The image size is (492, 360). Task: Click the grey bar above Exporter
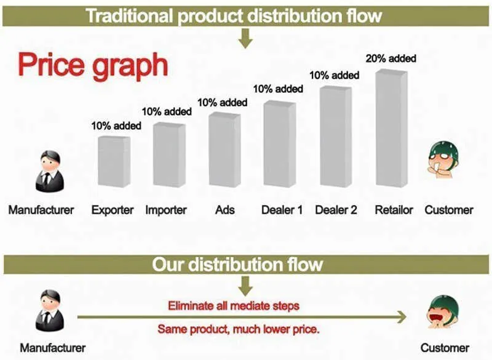(114, 162)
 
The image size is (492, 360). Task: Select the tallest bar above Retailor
(392, 129)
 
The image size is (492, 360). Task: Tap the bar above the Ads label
(224, 150)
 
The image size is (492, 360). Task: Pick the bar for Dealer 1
(280, 144)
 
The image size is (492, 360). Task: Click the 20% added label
(391, 58)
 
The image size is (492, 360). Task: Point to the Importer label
(166, 210)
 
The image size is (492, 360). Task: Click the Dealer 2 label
(336, 210)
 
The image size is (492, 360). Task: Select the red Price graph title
(93, 65)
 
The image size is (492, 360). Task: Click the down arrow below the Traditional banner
(245, 39)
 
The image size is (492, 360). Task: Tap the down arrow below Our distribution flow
(245, 286)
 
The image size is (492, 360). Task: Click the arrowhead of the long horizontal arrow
(402, 317)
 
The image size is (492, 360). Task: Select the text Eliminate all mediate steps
(234, 306)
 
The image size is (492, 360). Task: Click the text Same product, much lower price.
(239, 329)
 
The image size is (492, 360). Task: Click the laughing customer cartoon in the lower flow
(443, 311)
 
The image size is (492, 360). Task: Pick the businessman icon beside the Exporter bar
(50, 171)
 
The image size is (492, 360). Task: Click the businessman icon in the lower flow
(50, 311)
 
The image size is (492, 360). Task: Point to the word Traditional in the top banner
(129, 16)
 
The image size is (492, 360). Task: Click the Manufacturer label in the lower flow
(53, 348)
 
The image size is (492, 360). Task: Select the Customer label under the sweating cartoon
(449, 210)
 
